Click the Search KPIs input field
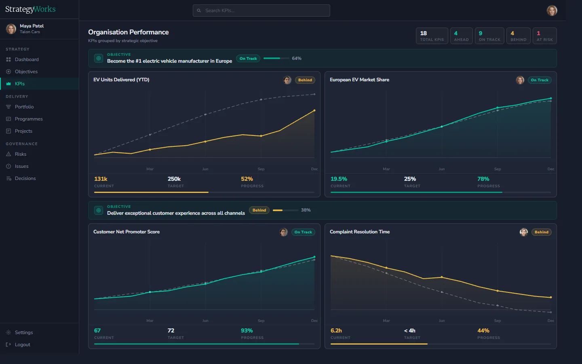(261, 11)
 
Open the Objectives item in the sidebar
(26, 72)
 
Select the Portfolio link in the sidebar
(24, 107)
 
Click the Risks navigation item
(21, 154)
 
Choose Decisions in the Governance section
(25, 178)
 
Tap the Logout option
(23, 345)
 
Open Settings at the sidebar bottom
(24, 332)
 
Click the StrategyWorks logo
(30, 9)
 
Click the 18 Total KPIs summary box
(432, 36)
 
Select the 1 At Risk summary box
(544, 36)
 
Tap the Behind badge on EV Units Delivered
(305, 80)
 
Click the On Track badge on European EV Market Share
(540, 80)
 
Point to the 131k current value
(101, 179)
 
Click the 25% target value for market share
(410, 179)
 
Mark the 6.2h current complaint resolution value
(336, 330)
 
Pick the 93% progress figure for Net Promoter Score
(247, 330)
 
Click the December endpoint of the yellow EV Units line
(314, 110)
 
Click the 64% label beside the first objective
(297, 59)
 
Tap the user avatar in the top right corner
(552, 11)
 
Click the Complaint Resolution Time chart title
(360, 232)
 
